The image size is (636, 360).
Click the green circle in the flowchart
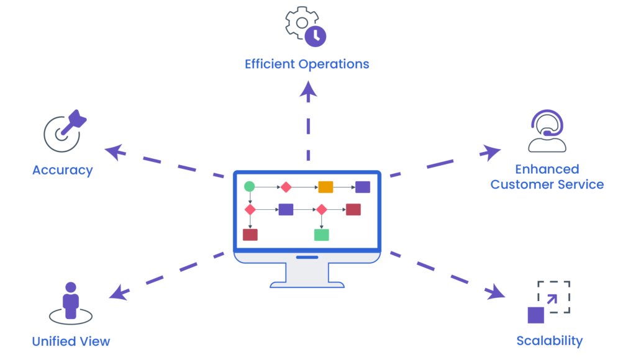[249, 186]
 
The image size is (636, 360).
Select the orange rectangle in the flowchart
[325, 187]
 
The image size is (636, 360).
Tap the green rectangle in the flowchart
[321, 235]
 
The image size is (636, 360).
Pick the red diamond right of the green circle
[286, 187]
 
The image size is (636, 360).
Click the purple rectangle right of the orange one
[362, 187]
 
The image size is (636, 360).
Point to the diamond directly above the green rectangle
[321, 210]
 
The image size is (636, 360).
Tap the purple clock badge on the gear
[315, 36]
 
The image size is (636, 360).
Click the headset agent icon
[547, 131]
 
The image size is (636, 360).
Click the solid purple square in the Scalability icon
[536, 315]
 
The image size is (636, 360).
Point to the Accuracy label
[62, 170]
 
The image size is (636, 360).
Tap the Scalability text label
[550, 341]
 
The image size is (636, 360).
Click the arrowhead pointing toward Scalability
[496, 292]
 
